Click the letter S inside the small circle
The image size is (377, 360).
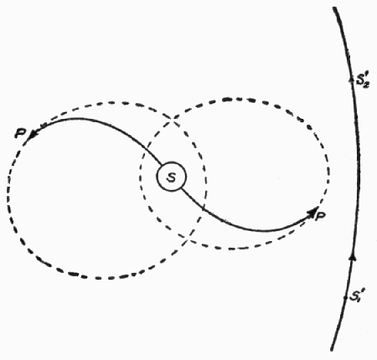click(x=171, y=177)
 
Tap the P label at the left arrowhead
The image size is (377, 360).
click(x=20, y=133)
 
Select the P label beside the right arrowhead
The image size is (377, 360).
click(x=320, y=215)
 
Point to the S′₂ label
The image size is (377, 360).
click(x=363, y=81)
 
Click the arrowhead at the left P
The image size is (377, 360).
click(x=34, y=134)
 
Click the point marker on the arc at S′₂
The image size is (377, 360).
click(x=351, y=79)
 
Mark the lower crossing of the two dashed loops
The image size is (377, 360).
click(x=188, y=239)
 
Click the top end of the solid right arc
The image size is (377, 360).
click(x=333, y=8)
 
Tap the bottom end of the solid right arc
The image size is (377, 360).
click(x=332, y=350)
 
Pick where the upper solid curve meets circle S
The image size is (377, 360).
click(x=162, y=166)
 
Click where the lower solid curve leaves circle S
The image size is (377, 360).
click(x=182, y=188)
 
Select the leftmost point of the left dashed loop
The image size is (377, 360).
click(x=9, y=193)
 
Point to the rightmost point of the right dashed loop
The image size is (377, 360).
click(x=329, y=172)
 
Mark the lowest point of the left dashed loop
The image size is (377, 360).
click(x=98, y=278)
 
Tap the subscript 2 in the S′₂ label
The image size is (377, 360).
click(x=366, y=85)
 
